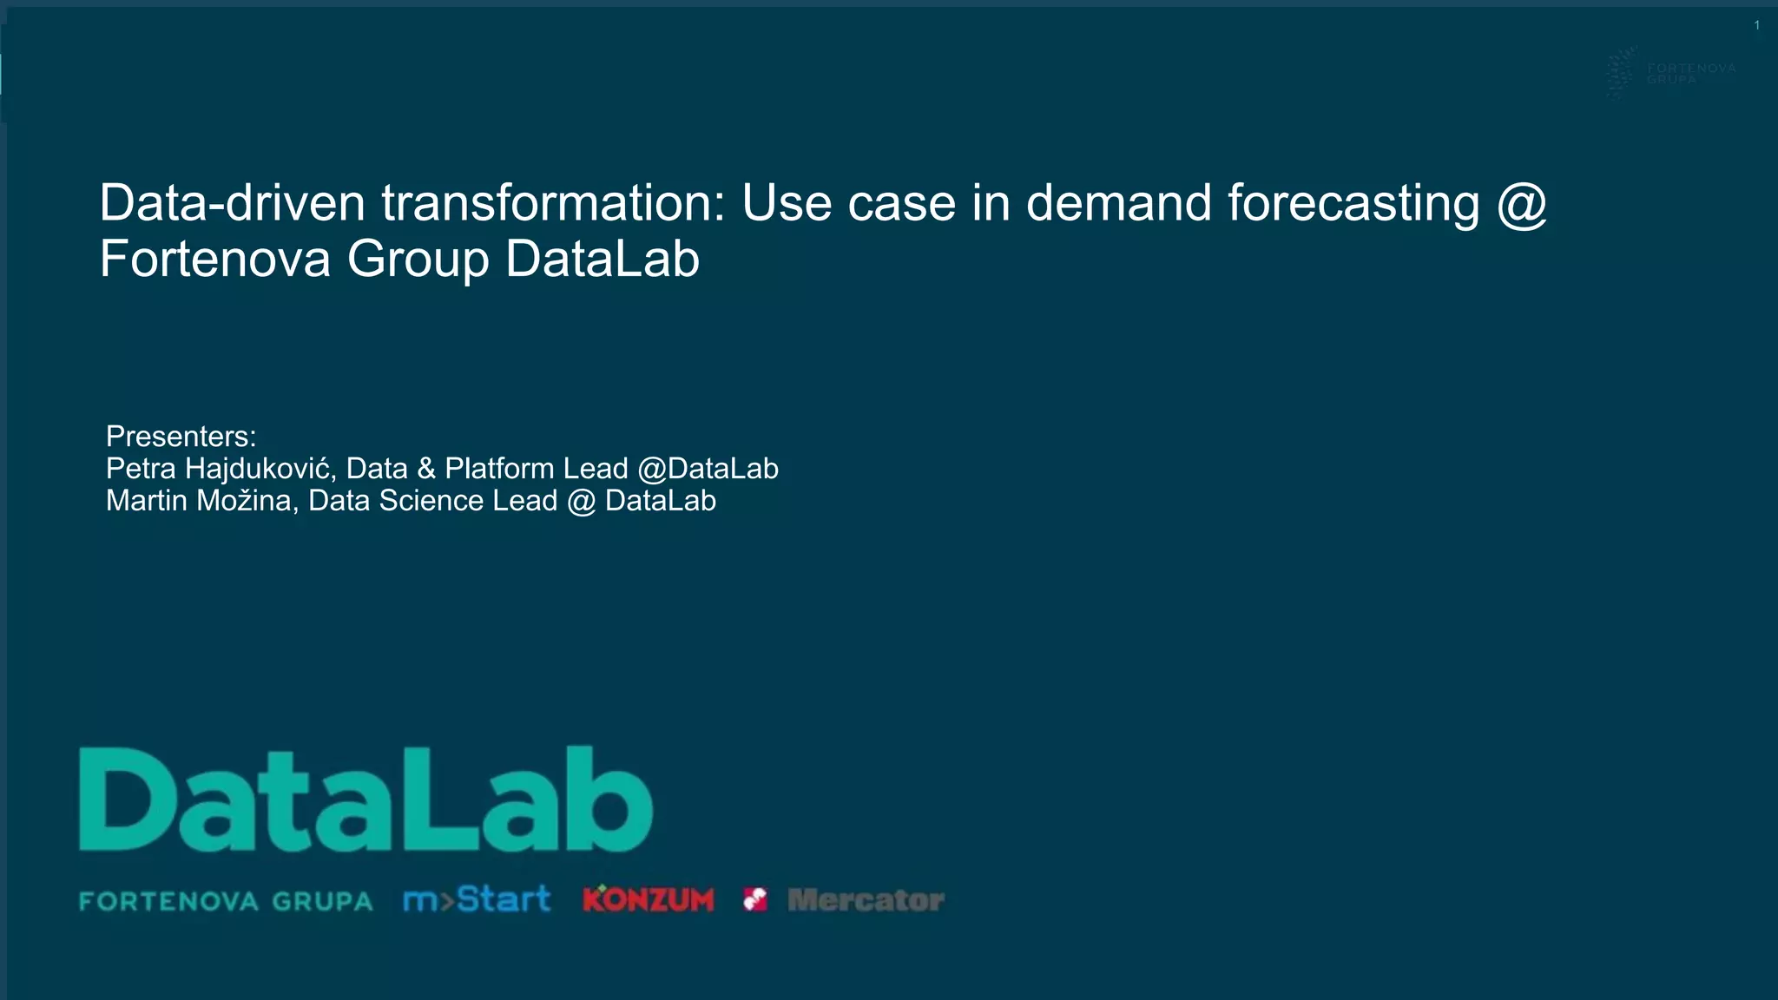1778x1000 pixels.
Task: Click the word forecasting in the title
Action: click(1353, 204)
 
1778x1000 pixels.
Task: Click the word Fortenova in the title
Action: click(215, 259)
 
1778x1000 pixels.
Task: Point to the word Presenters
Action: click(181, 436)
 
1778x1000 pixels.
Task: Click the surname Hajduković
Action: click(260, 469)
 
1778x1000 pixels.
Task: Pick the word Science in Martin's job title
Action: click(431, 501)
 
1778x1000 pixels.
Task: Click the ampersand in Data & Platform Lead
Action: click(425, 469)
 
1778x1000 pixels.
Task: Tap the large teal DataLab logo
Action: click(365, 799)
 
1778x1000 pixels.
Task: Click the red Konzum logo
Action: click(649, 899)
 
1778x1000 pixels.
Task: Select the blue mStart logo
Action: click(477, 899)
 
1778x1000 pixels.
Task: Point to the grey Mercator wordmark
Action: click(866, 900)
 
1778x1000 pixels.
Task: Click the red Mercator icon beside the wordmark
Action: click(755, 899)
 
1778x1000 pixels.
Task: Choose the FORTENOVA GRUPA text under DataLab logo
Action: click(226, 901)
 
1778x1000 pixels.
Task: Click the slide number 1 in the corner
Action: click(1756, 25)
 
